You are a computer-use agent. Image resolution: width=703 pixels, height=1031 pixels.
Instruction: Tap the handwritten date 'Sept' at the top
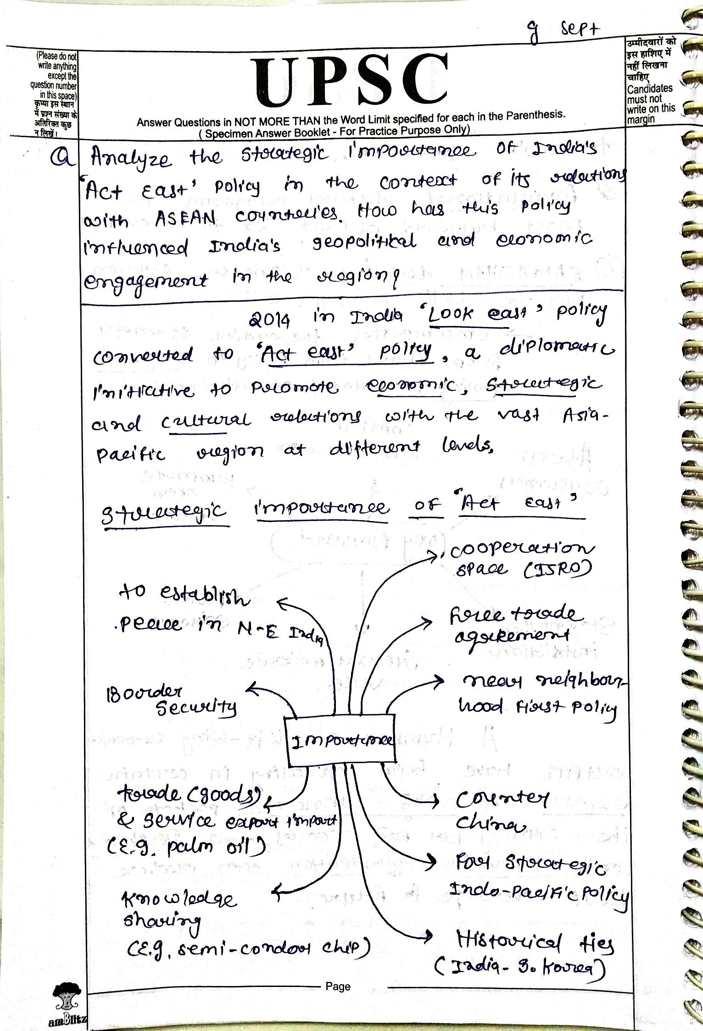[x=580, y=30]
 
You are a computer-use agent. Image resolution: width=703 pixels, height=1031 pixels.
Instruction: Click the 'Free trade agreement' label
[x=514, y=624]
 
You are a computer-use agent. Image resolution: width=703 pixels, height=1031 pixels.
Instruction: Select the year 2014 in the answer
[x=269, y=319]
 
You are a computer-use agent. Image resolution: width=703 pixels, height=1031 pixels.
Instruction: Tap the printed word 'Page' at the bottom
[x=338, y=986]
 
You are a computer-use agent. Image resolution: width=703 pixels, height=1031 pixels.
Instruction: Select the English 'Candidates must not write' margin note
[x=651, y=104]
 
